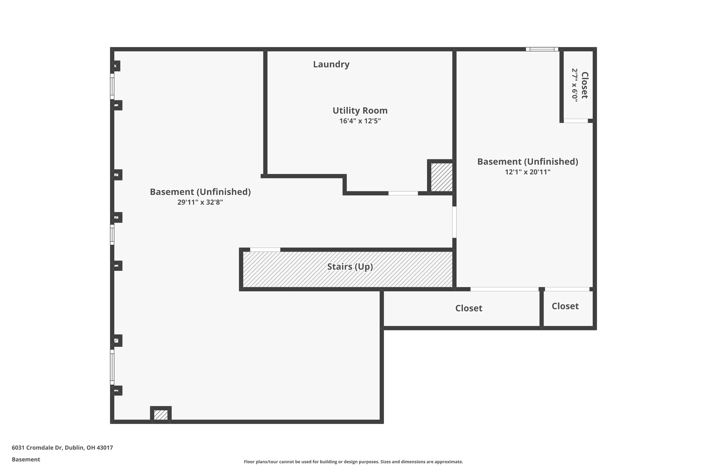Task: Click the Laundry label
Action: (331, 65)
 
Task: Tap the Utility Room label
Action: (360, 111)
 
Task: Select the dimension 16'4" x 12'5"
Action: (360, 121)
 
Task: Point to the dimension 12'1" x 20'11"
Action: (527, 172)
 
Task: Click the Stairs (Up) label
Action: (350, 267)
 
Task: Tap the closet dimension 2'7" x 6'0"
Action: (574, 85)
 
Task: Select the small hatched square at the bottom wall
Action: (161, 414)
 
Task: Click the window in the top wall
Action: (542, 49)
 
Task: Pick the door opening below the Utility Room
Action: (403, 193)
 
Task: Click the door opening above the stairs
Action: (265, 249)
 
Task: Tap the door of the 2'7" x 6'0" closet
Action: (575, 121)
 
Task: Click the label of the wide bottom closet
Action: (468, 308)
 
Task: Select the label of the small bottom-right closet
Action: (565, 306)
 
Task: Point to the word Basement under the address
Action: (26, 460)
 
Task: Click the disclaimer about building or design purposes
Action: (353, 462)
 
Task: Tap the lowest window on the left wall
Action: (112, 367)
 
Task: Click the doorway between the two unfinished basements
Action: (454, 222)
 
